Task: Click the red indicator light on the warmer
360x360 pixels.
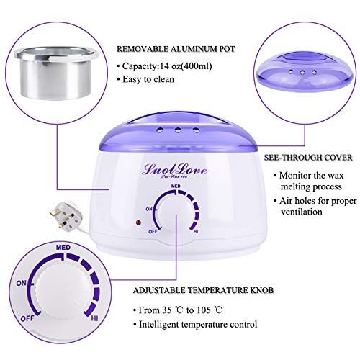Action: point(138,222)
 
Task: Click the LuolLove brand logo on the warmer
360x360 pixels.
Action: point(175,170)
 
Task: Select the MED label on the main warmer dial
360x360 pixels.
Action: point(176,186)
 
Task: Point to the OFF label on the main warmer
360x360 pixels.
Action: point(153,232)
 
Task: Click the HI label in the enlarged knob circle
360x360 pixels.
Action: point(94,318)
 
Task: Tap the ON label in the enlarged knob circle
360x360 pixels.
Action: point(22,283)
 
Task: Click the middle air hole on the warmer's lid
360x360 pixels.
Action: point(178,130)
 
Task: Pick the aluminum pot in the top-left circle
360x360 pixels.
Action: point(57,74)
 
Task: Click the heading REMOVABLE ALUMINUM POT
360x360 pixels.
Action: point(176,49)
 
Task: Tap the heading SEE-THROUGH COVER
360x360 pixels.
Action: point(308,158)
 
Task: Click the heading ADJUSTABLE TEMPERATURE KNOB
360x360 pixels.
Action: point(203,290)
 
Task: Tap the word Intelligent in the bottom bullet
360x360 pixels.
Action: point(159,325)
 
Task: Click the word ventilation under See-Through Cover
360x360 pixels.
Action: point(302,212)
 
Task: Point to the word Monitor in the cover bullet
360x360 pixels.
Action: point(294,176)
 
